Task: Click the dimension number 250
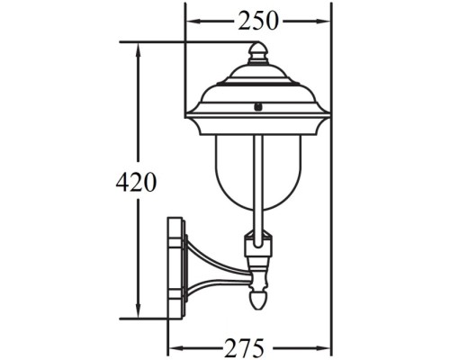258,20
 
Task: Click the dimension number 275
249,346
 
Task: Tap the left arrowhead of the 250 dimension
191,20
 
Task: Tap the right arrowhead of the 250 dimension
326,20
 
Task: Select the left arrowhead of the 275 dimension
174,346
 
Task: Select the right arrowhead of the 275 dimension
326,346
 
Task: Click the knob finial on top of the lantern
258,53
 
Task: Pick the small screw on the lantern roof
258,105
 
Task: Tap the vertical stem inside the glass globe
258,180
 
